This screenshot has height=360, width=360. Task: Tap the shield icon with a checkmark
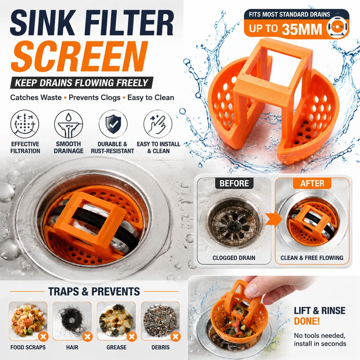click(113, 124)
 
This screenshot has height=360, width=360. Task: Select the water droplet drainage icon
click(68, 124)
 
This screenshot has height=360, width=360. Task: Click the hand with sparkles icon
click(158, 124)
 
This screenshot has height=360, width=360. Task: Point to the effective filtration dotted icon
click(25, 124)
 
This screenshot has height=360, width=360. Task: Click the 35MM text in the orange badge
click(302, 29)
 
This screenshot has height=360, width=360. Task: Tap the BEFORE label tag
click(234, 183)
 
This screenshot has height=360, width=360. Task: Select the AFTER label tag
click(312, 183)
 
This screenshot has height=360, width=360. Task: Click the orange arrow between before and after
click(274, 220)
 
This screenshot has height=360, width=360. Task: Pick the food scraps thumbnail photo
click(28, 321)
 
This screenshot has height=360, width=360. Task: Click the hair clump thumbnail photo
click(72, 321)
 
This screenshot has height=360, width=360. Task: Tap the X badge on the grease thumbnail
click(132, 337)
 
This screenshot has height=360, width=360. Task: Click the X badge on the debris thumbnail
click(176, 337)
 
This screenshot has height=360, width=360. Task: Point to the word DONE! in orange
click(307, 321)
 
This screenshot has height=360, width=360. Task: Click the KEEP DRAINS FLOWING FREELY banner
click(82, 83)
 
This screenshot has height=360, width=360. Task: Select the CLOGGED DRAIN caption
click(234, 258)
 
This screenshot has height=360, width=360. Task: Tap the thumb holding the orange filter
click(252, 290)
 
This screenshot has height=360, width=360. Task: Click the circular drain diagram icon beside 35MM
click(337, 27)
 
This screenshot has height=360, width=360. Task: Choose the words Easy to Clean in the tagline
click(151, 98)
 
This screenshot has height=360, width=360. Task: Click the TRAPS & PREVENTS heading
click(94, 292)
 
